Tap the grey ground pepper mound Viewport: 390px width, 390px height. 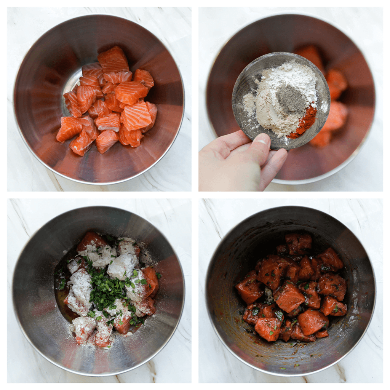tap(291, 98)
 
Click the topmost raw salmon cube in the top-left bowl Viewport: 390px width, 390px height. tap(113, 59)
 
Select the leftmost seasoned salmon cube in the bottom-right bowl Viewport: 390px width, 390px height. tap(249, 289)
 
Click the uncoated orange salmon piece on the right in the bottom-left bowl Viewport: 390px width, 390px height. tap(152, 280)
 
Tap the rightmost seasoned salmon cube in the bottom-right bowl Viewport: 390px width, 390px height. tap(334, 307)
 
